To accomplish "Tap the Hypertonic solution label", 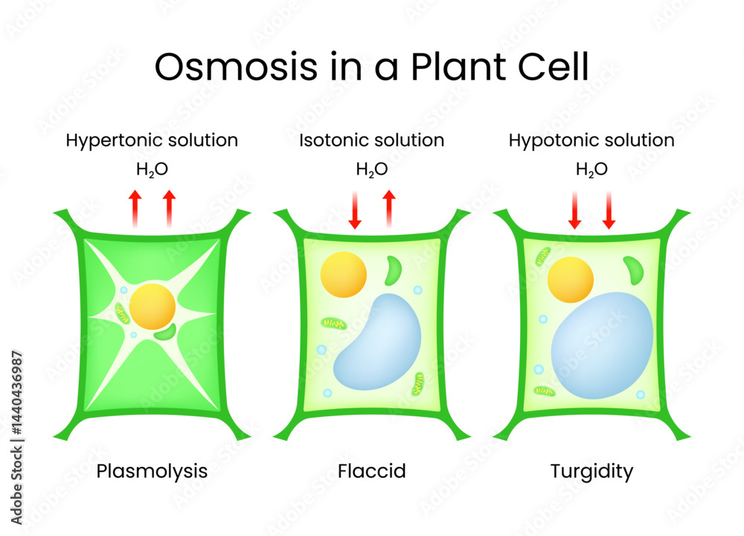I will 152,140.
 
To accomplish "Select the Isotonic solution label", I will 372,140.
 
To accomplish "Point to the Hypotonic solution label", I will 591,140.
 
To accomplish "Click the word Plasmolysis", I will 153,471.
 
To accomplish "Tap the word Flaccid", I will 372,471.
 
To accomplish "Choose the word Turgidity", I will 591,471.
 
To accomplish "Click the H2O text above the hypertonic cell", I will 152,169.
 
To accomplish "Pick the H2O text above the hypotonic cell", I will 591,169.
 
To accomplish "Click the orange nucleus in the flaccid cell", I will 343,274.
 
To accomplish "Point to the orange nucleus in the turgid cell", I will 570,280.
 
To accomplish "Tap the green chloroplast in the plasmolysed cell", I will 166,331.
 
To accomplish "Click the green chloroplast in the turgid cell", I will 634,269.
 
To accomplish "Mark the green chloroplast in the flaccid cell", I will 392,271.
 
